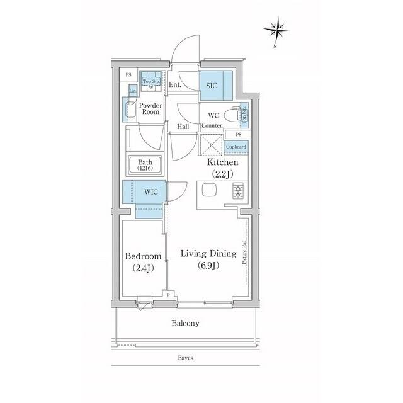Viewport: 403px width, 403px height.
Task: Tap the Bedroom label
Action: coord(143,256)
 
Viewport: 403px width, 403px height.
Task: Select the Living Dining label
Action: coord(208,254)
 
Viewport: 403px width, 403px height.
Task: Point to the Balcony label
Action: coord(185,324)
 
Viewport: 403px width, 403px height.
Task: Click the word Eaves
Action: coord(185,358)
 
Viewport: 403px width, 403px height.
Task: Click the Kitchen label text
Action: coord(223,162)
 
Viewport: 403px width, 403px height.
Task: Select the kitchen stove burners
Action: coord(239,191)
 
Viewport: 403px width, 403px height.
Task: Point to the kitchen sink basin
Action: coord(208,191)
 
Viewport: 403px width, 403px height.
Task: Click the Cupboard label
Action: coord(236,147)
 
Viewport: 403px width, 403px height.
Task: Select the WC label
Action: coord(213,115)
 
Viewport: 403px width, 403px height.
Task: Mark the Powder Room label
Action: coord(150,108)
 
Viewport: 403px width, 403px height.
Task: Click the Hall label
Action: coord(183,127)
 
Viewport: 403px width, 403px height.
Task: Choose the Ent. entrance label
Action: coord(175,84)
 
